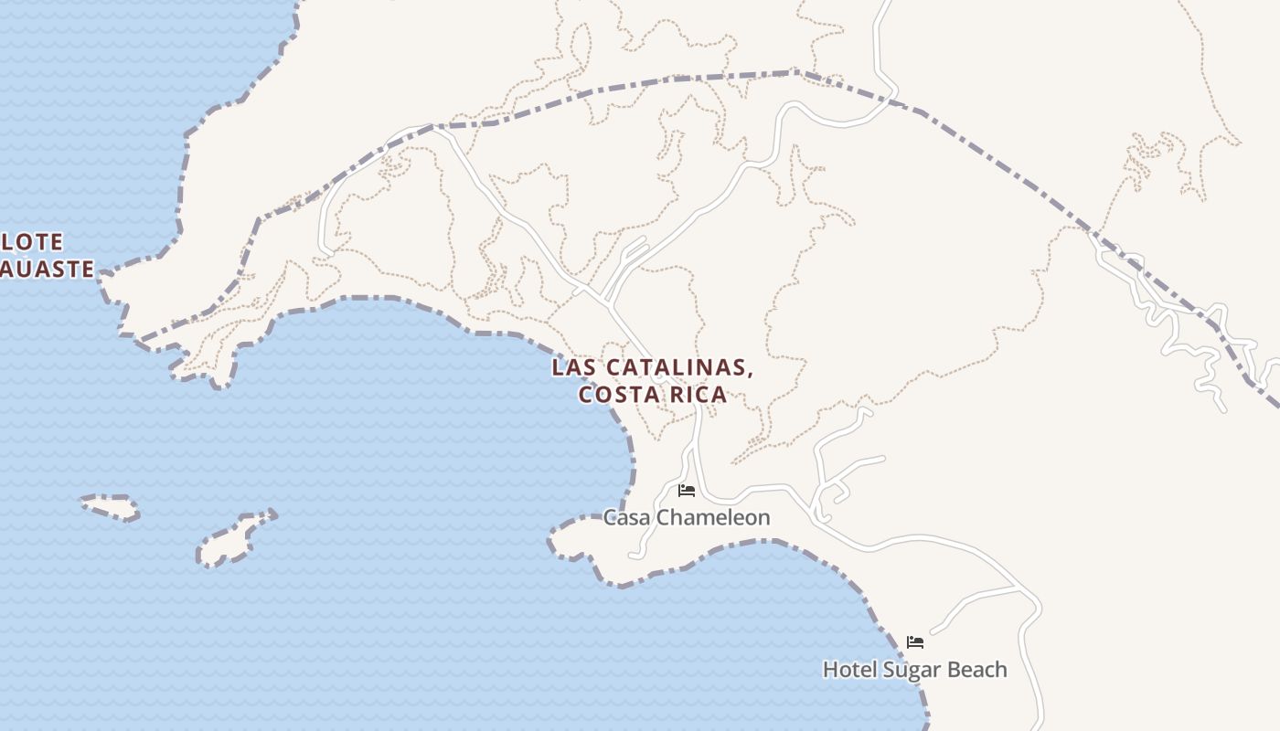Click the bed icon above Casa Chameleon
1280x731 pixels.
tap(687, 491)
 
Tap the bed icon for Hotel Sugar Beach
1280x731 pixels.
tap(914, 642)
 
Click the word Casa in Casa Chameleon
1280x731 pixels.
tap(627, 518)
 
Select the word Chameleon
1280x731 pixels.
tap(714, 518)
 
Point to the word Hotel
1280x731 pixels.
tap(849, 670)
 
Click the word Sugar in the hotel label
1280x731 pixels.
tap(911, 671)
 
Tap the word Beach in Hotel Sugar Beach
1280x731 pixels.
tap(976, 670)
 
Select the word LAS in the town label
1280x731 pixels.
tap(572, 368)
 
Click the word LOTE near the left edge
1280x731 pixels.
tap(33, 242)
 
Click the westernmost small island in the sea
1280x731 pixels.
tap(111, 507)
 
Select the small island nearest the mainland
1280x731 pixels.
tap(236, 539)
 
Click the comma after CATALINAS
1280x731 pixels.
tap(751, 374)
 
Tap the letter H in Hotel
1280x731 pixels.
tap(830, 670)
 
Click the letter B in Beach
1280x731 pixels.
tap(953, 670)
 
